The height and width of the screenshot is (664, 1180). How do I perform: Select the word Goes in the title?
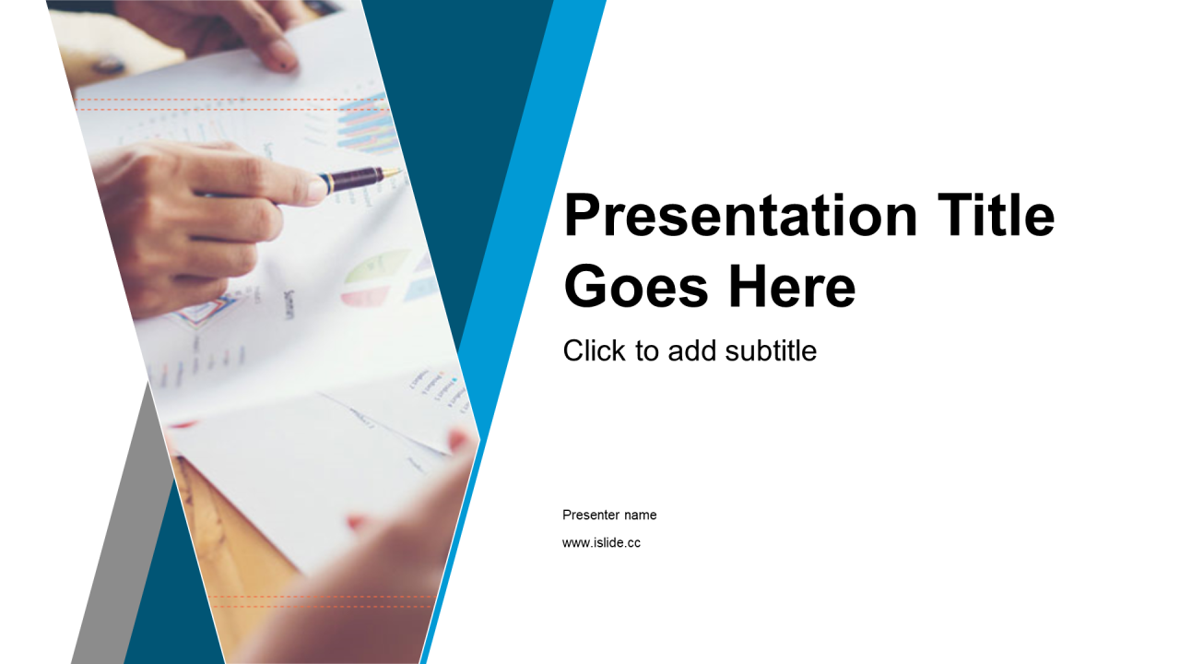(636, 287)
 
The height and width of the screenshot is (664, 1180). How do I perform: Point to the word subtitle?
(771, 350)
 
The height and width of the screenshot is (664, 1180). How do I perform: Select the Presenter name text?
(609, 515)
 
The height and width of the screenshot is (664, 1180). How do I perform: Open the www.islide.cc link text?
(601, 543)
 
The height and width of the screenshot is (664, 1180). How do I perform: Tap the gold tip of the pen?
(392, 172)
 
